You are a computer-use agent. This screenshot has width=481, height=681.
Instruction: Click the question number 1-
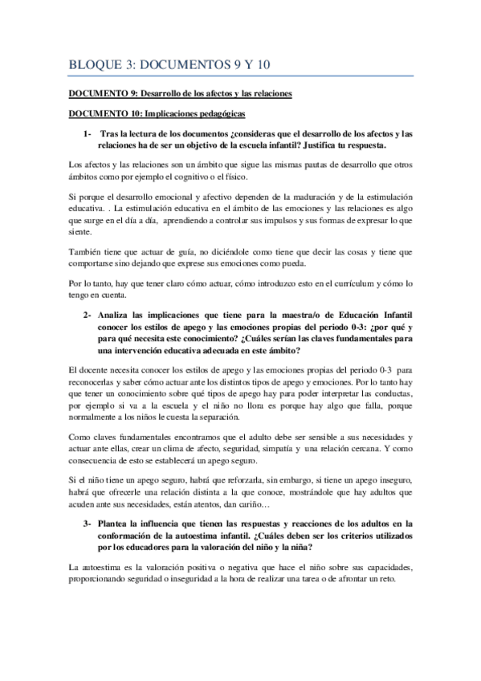point(88,133)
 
